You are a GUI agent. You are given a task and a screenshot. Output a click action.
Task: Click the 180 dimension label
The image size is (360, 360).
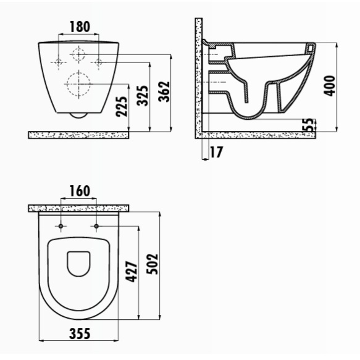tap(80, 27)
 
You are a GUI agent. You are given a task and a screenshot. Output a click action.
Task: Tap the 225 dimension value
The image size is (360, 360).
tap(122, 107)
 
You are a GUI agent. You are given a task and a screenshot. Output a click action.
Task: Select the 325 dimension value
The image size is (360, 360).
tap(143, 96)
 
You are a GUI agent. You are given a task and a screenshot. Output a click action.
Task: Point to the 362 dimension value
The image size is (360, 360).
tap(164, 91)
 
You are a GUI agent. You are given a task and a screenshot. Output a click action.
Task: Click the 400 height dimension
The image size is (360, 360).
tap(330, 85)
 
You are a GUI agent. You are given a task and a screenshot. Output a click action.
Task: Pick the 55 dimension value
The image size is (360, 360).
tap(310, 125)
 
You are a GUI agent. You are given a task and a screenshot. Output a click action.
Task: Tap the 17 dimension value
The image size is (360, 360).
tap(216, 152)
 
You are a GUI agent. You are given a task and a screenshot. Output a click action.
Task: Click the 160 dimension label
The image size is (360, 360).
tap(80, 191)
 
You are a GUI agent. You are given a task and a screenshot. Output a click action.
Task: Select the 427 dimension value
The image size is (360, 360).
tap(132, 271)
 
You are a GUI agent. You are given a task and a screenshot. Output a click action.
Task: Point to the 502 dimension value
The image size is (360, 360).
tap(153, 264)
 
